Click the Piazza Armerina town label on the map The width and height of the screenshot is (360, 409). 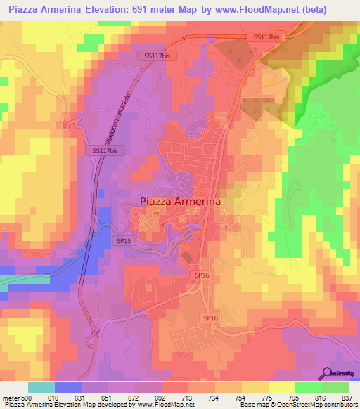(x=180, y=201)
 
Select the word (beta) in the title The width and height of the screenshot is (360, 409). (x=337, y=8)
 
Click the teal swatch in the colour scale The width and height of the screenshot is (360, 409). (x=41, y=387)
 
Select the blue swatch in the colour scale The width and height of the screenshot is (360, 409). (x=68, y=387)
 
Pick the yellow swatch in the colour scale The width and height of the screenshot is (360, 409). (x=281, y=387)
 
